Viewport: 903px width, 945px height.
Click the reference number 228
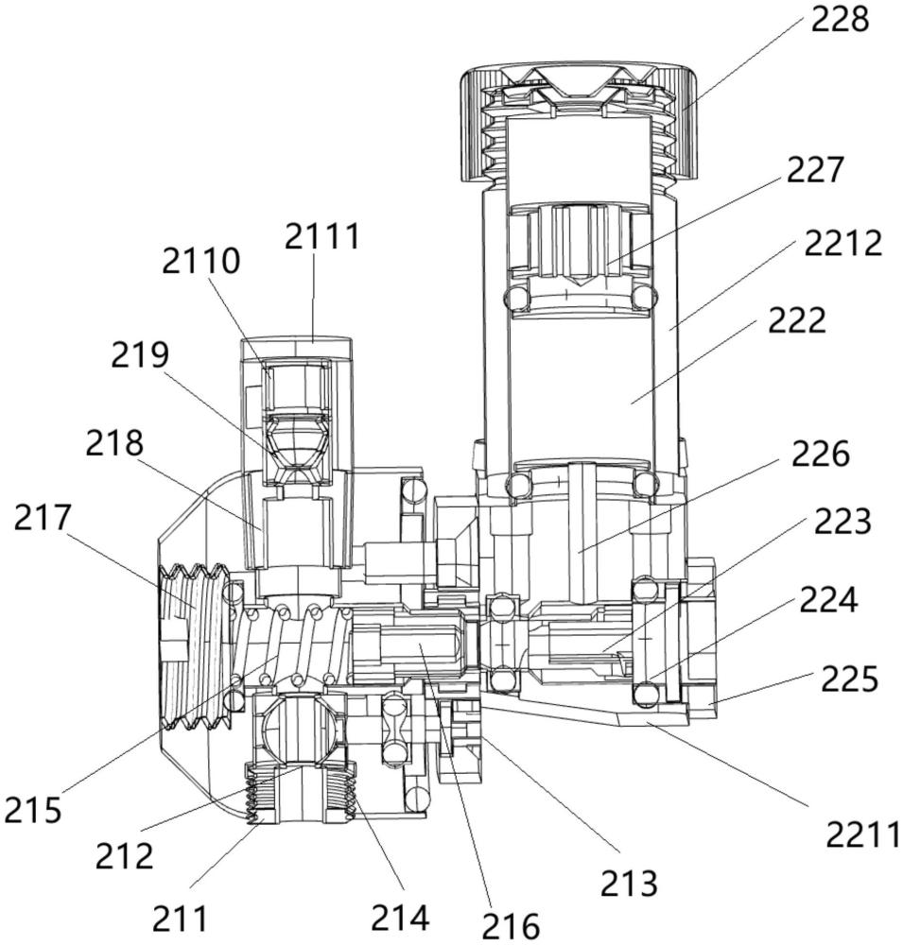840,19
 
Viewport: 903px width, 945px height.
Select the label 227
815,169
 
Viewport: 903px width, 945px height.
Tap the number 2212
843,243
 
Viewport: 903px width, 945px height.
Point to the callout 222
796,320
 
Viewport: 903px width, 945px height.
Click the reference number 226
821,454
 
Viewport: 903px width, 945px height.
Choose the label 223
842,522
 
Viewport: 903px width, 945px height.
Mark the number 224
829,600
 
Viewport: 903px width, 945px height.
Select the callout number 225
849,679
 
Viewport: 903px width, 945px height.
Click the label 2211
862,834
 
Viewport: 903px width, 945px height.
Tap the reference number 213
629,884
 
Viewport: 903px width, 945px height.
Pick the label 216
511,925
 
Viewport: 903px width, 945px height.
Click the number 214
401,918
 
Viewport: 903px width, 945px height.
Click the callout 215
33,810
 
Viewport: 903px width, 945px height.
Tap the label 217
43,519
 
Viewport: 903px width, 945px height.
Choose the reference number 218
114,443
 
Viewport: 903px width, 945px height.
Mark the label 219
139,355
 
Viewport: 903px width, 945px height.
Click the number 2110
200,262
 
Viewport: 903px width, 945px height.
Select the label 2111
322,236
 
